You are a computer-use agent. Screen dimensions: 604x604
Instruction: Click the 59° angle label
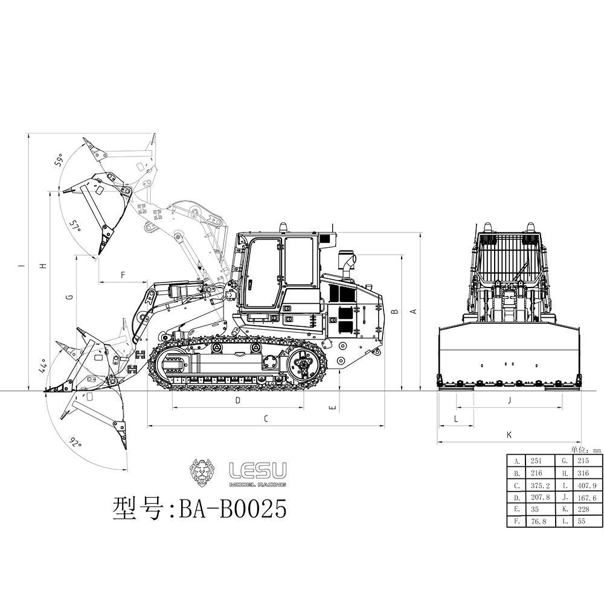click(59, 161)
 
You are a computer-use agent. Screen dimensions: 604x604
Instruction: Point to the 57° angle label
click(75, 227)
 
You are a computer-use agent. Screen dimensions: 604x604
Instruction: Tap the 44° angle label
click(42, 366)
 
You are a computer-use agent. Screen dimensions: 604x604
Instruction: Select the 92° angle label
click(75, 444)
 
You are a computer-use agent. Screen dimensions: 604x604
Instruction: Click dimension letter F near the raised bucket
click(123, 275)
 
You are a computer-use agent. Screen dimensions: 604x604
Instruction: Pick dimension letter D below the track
click(237, 400)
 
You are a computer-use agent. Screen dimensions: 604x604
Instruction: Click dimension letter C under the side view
click(266, 418)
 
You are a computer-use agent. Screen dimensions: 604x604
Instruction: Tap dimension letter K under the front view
click(509, 434)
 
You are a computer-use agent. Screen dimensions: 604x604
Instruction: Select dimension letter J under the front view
click(509, 400)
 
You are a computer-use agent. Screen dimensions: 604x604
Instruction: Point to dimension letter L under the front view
click(456, 417)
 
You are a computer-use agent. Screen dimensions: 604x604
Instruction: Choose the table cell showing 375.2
click(540, 485)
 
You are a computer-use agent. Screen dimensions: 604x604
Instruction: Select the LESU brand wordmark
click(258, 471)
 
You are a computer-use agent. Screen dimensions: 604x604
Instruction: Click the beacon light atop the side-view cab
click(283, 228)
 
